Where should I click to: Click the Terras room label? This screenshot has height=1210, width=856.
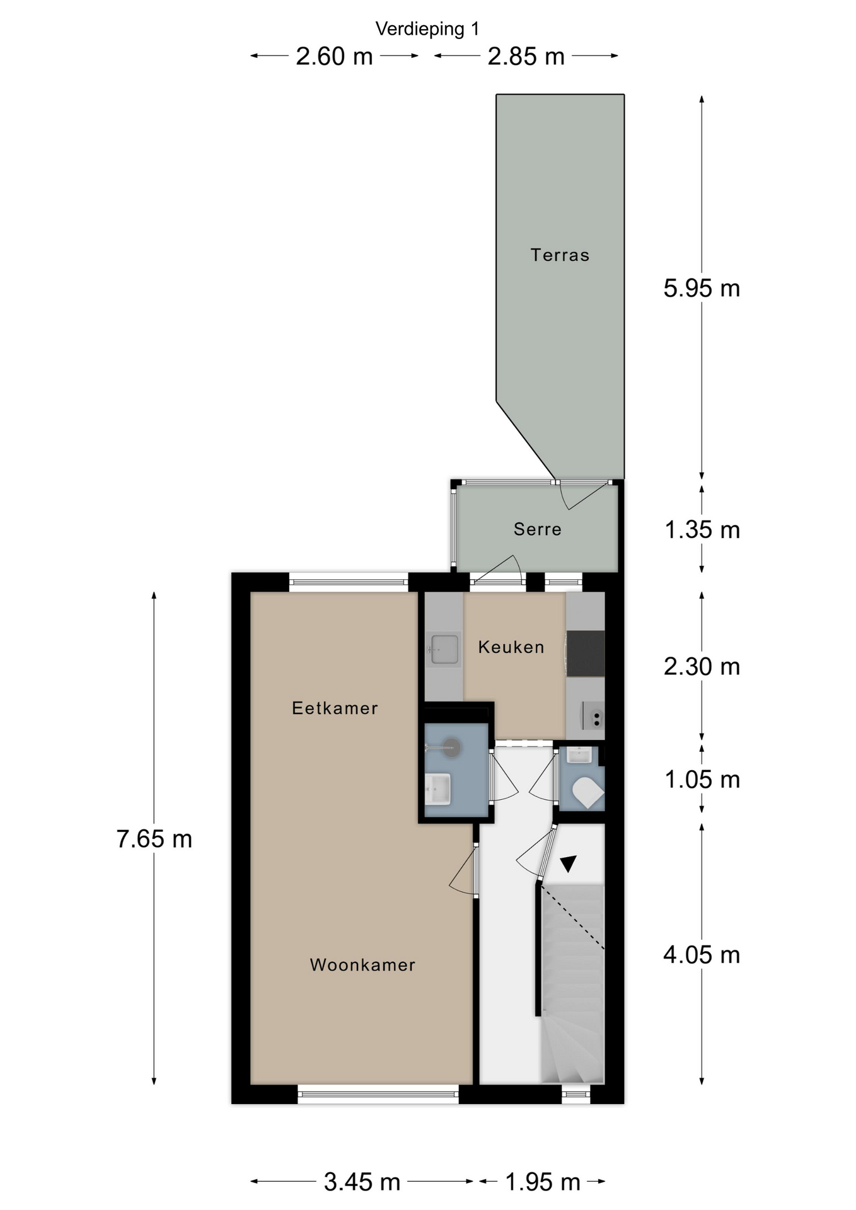tap(560, 255)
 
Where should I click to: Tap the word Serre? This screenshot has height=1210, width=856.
tap(537, 529)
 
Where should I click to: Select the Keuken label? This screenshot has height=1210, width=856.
tap(511, 647)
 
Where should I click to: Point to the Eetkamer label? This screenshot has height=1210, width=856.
tap(335, 708)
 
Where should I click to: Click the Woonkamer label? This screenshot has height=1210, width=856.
tap(362, 965)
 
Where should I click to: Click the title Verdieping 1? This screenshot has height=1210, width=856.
tap(427, 29)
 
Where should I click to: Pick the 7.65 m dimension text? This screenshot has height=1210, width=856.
tap(154, 839)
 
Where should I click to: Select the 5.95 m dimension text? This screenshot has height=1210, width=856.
tap(702, 289)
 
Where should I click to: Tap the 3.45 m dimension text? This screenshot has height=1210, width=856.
tap(362, 1182)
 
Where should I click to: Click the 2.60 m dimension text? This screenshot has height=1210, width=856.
tap(335, 57)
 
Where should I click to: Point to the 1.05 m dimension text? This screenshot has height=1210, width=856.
tap(702, 780)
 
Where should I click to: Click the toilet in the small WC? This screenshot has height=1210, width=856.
tap(588, 792)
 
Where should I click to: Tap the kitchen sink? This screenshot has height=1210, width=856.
tap(444, 649)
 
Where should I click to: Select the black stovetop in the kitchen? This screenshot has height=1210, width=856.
tap(586, 654)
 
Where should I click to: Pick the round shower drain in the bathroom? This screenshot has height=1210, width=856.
tap(452, 748)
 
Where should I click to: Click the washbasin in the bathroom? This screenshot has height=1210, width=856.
tap(438, 789)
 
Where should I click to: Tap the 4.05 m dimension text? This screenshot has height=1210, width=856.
tap(702, 955)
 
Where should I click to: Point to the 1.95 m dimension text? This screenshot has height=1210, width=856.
tap(543, 1182)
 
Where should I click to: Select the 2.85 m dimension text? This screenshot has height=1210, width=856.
tap(526, 57)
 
